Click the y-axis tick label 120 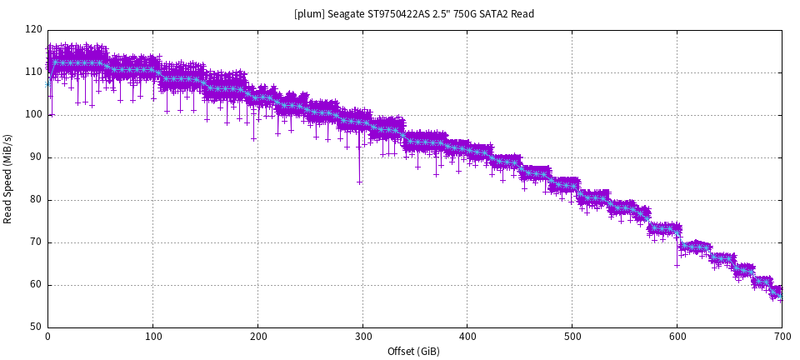coord(33,30)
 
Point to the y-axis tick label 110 coord(33,72)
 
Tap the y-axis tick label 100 coord(33,115)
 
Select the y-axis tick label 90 coord(36,157)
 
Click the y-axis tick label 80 coord(36,200)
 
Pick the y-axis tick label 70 coord(36,242)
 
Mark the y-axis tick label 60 coord(36,285)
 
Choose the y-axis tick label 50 coord(36,327)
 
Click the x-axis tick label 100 coord(152,337)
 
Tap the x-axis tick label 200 coord(257,337)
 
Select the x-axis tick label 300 coord(362,337)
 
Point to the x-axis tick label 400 coord(467,337)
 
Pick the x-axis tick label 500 coord(572,337)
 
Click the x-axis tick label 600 coord(677,337)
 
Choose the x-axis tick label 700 coord(782,337)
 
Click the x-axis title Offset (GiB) coord(413,352)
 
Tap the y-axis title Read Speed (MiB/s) coord(8,178)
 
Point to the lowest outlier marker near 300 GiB coord(359,182)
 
